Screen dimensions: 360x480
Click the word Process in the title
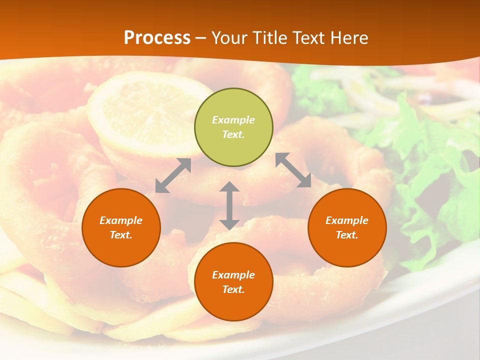tap(157, 38)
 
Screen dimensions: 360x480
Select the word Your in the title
tap(230, 38)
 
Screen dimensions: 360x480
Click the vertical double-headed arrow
tap(229, 205)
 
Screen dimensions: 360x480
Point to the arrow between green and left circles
tap(173, 175)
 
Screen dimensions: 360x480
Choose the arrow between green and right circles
tap(293, 170)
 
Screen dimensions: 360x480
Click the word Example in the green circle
tap(233, 120)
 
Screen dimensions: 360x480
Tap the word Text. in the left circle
tap(121, 235)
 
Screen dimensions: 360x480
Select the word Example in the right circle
tap(347, 220)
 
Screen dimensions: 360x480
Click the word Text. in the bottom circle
tap(233, 289)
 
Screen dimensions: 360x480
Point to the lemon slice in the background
tap(150, 112)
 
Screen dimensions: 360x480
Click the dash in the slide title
tap(201, 38)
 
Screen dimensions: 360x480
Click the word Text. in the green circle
tap(233, 134)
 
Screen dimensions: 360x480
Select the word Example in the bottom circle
tap(233, 275)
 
